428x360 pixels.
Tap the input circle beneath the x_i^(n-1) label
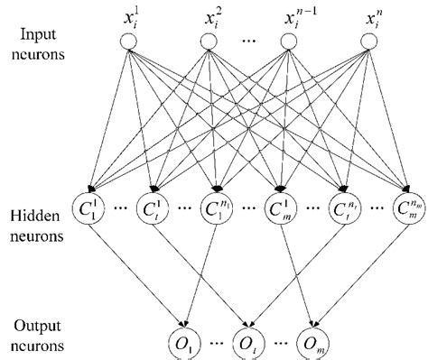(x=288, y=42)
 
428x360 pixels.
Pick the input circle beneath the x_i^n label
(x=368, y=42)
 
